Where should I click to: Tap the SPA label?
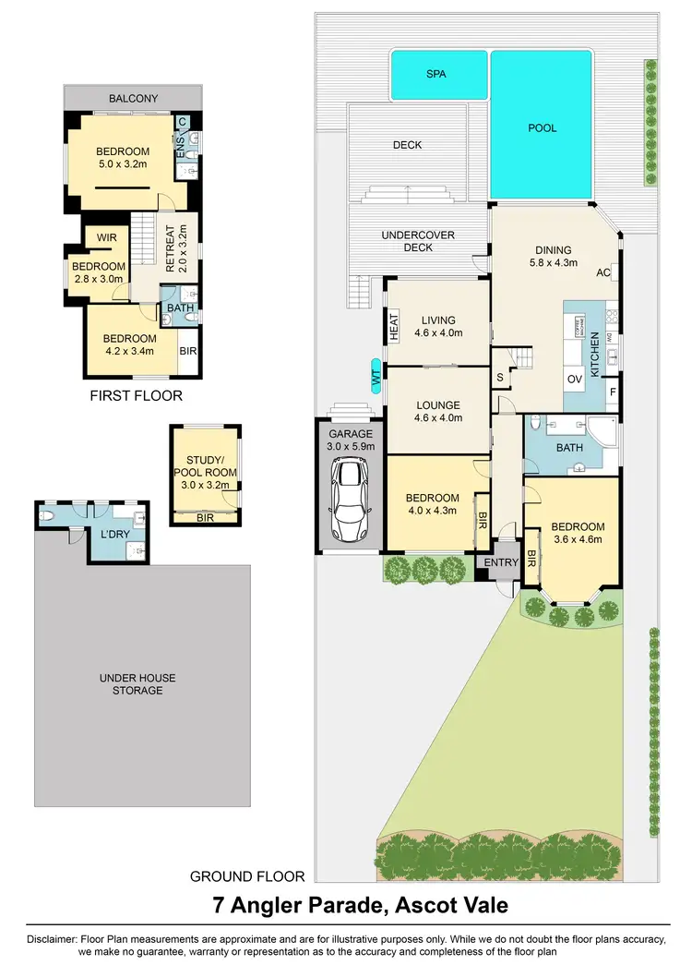(438, 73)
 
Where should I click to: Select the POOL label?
(543, 128)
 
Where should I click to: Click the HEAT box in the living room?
(393, 326)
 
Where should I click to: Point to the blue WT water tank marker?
(376, 376)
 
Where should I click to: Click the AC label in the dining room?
(604, 272)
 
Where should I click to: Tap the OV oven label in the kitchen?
(574, 380)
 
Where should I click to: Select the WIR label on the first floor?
(105, 237)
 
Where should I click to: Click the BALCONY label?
(133, 98)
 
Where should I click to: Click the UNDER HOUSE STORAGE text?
(137, 683)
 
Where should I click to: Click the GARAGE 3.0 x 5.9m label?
(348, 440)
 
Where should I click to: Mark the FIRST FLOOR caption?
(136, 395)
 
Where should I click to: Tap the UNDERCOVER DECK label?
(418, 242)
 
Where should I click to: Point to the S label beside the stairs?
(500, 377)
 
